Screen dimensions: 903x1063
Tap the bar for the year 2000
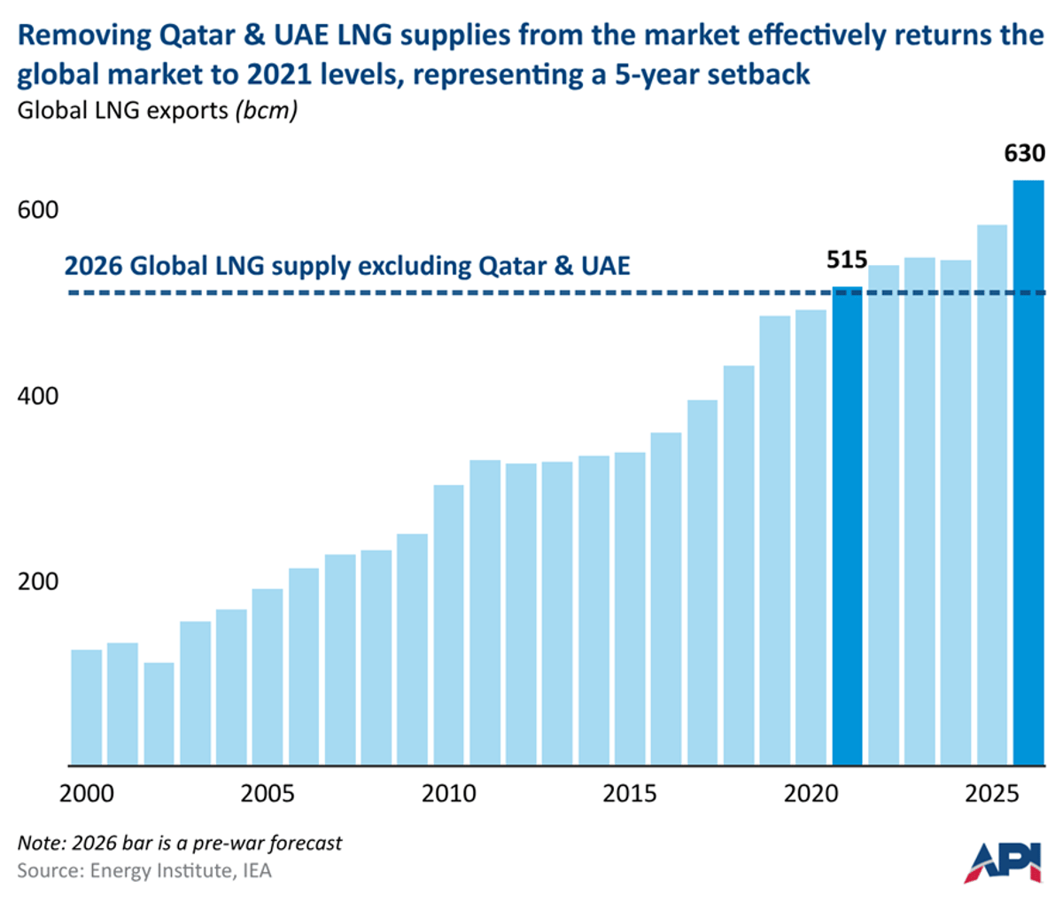[86, 707]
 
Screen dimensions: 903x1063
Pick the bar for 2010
[448, 625]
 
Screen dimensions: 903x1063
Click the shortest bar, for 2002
[159, 713]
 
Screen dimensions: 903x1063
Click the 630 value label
[1024, 153]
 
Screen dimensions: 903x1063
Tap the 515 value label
[846, 260]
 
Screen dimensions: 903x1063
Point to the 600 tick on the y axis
[38, 210]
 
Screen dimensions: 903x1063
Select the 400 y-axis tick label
[38, 395]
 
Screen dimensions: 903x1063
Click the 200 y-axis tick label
[38, 581]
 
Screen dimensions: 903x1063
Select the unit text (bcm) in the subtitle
[266, 112]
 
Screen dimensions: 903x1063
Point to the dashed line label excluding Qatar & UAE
[347, 265]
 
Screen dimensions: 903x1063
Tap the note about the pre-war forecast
[179, 843]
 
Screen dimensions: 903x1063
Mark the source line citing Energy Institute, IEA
[144, 871]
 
